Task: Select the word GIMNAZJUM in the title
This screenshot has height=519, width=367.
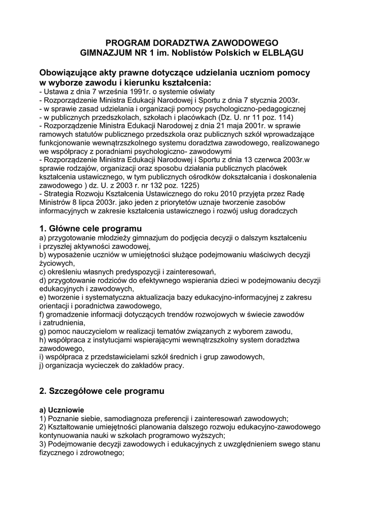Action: click(107, 52)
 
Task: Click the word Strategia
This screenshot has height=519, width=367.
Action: click(60, 195)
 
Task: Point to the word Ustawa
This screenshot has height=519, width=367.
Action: click(57, 91)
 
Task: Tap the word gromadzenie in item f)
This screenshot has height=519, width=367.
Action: click(69, 314)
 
